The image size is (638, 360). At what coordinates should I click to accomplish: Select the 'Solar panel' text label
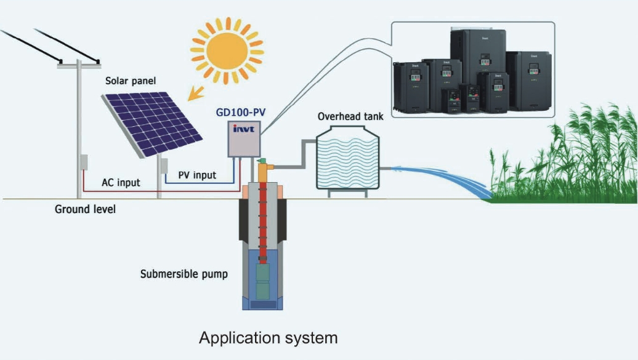click(131, 81)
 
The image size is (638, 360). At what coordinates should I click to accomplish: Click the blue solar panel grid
click(153, 122)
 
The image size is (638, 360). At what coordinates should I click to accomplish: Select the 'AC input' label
click(121, 183)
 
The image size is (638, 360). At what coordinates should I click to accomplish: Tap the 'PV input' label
click(197, 175)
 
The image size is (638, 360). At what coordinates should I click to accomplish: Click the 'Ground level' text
click(85, 209)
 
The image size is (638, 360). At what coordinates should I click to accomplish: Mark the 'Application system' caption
click(268, 338)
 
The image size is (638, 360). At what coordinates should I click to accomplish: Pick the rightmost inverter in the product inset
click(530, 80)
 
